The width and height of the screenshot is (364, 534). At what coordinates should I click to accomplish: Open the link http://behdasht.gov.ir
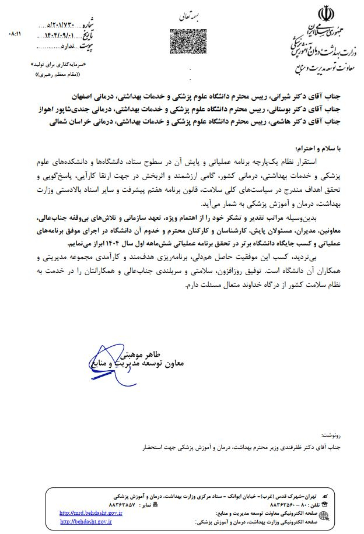[x=86, y=521]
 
